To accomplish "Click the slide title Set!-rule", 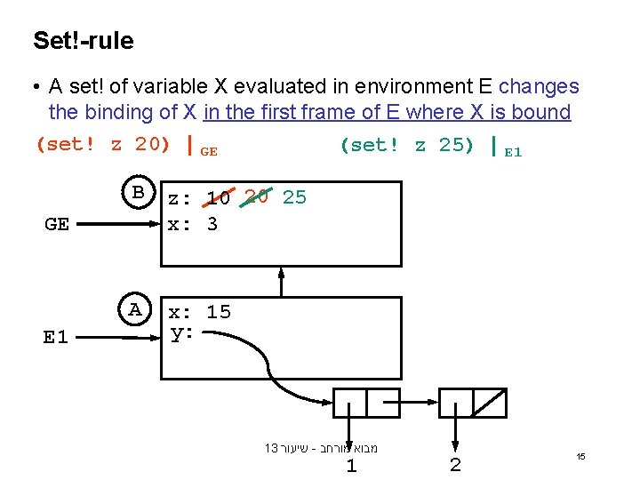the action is click(x=84, y=41).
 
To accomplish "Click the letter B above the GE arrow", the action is click(x=138, y=193).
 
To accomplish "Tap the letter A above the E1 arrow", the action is click(x=135, y=309).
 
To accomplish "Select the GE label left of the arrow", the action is click(x=56, y=224).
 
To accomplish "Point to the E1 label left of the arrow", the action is click(x=55, y=337).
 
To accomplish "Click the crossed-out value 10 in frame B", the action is click(x=219, y=198).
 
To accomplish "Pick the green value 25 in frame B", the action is click(x=294, y=197).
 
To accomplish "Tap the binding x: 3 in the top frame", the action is click(x=194, y=224).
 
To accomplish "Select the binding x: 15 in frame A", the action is click(x=200, y=312).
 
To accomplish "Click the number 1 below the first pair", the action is click(x=351, y=466).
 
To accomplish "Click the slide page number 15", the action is click(x=580, y=456).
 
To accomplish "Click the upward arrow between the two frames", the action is click(x=281, y=283).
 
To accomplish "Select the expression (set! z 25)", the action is click(x=407, y=145).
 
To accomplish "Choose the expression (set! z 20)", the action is click(x=102, y=145).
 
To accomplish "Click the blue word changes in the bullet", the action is click(x=539, y=87).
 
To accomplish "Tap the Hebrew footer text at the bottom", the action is click(x=321, y=448).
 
